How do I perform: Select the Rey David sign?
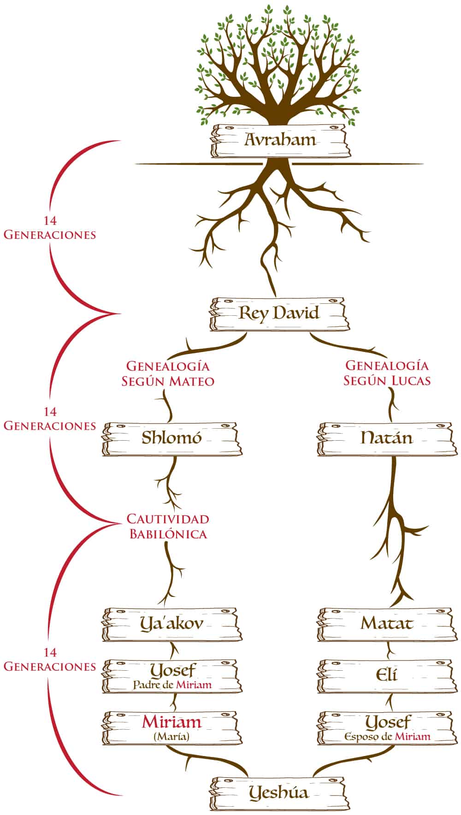[x=278, y=314]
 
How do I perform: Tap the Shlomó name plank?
[x=171, y=438]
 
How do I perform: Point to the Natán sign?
[x=386, y=438]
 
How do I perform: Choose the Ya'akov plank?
[x=171, y=625]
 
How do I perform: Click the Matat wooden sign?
[x=386, y=625]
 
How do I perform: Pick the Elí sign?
[x=386, y=676]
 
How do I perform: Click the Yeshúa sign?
[x=278, y=794]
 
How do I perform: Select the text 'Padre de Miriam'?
[x=172, y=685]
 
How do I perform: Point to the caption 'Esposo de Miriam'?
[x=388, y=737]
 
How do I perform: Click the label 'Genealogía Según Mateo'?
[x=168, y=374]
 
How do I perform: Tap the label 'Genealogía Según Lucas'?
[x=387, y=373]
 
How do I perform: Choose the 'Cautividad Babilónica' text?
[x=168, y=526]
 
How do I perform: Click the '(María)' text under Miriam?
[x=171, y=737]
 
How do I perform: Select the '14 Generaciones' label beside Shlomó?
[x=50, y=419]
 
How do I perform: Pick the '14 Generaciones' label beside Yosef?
[x=50, y=660]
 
